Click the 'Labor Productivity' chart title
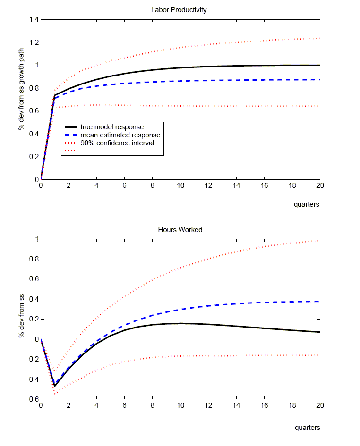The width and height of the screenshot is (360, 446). [x=179, y=10]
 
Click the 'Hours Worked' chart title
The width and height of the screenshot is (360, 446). [x=180, y=230]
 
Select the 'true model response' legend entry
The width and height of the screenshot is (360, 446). [x=112, y=127]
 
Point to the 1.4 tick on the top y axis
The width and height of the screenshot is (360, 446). [x=33, y=19]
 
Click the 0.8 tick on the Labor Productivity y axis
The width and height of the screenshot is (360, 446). [x=33, y=88]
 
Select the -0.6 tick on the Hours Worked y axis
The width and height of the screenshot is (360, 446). [x=32, y=399]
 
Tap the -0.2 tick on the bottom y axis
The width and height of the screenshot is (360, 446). [x=32, y=359]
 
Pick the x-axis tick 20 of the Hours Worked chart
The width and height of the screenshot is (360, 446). [x=319, y=405]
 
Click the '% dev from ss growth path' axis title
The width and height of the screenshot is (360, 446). [x=21, y=100]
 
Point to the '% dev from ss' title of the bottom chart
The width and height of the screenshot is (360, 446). [x=21, y=319]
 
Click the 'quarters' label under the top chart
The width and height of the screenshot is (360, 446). [x=307, y=204]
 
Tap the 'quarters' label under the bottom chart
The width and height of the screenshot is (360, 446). [x=307, y=428]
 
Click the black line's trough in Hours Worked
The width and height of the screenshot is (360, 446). [x=55, y=386]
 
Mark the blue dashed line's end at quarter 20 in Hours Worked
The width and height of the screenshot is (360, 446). [x=319, y=301]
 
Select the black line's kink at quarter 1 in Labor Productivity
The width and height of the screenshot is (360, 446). [x=55, y=95]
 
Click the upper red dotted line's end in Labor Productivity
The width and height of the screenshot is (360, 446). [x=319, y=38]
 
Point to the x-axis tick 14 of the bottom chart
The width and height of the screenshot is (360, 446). [x=236, y=405]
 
